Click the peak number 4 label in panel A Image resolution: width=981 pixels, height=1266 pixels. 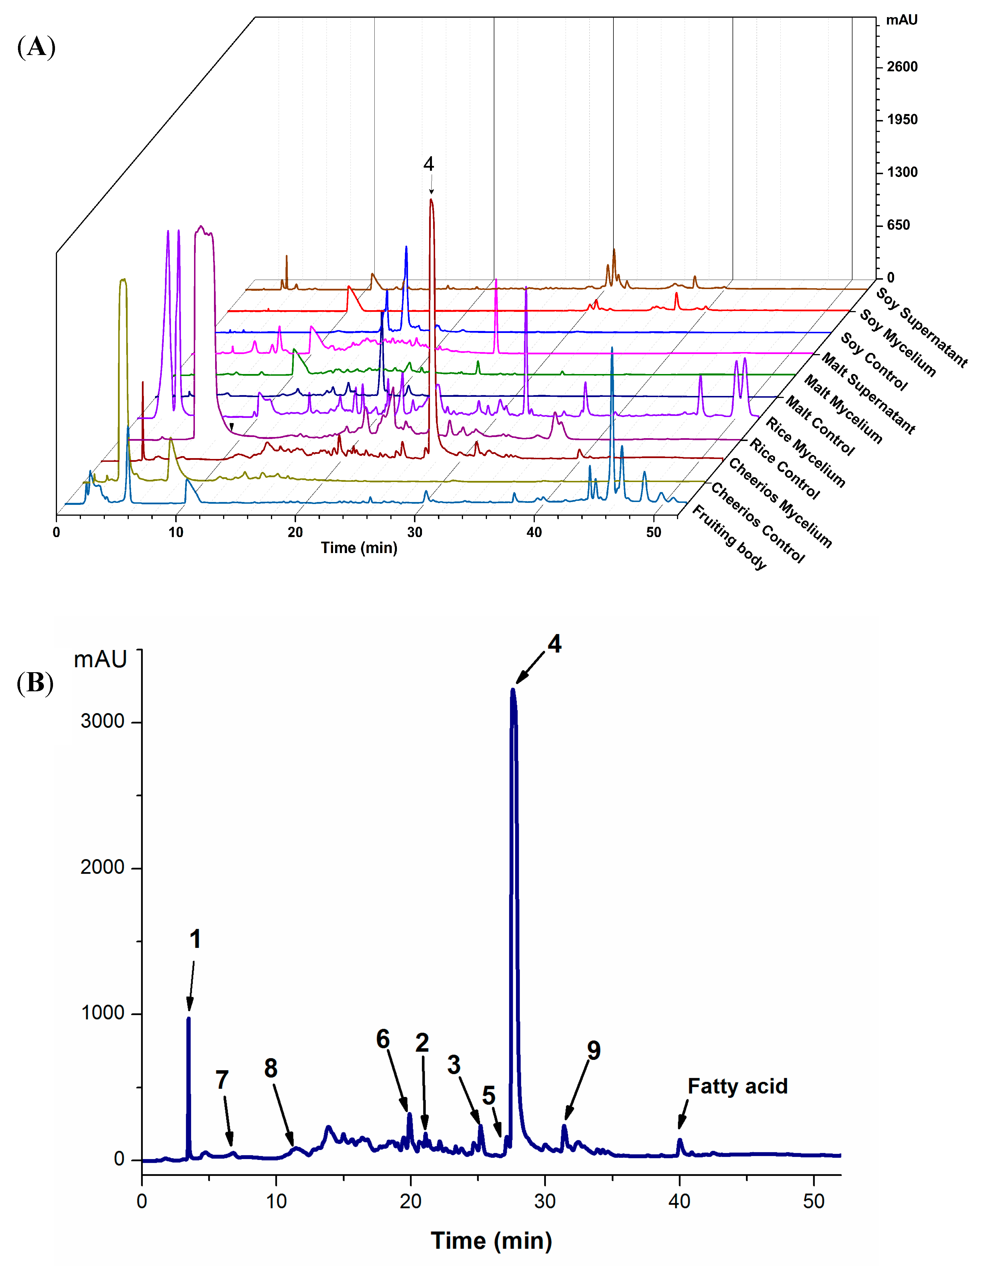429,164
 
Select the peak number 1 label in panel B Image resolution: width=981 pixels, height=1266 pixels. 195,939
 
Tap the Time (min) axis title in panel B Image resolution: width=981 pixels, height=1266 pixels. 491,1241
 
